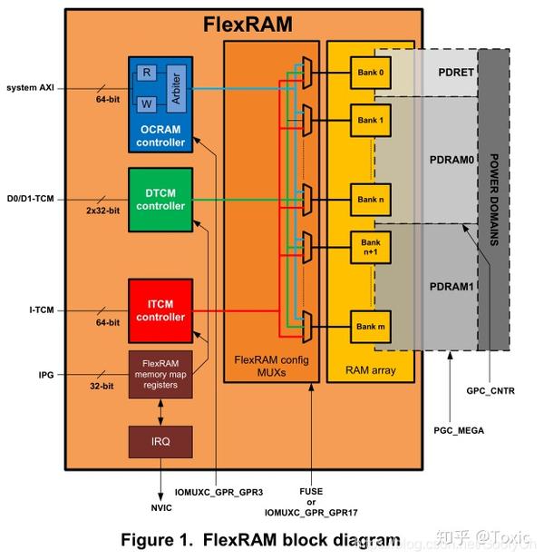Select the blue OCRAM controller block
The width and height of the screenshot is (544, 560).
(x=160, y=103)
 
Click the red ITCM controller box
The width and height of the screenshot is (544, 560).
(x=160, y=310)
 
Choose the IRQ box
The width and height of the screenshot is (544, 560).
(x=160, y=441)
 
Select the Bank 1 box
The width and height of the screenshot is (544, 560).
(x=371, y=120)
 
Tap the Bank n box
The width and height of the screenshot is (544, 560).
(x=371, y=199)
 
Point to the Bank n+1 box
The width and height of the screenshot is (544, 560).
(x=371, y=246)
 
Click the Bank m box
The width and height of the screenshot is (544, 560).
(x=371, y=326)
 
